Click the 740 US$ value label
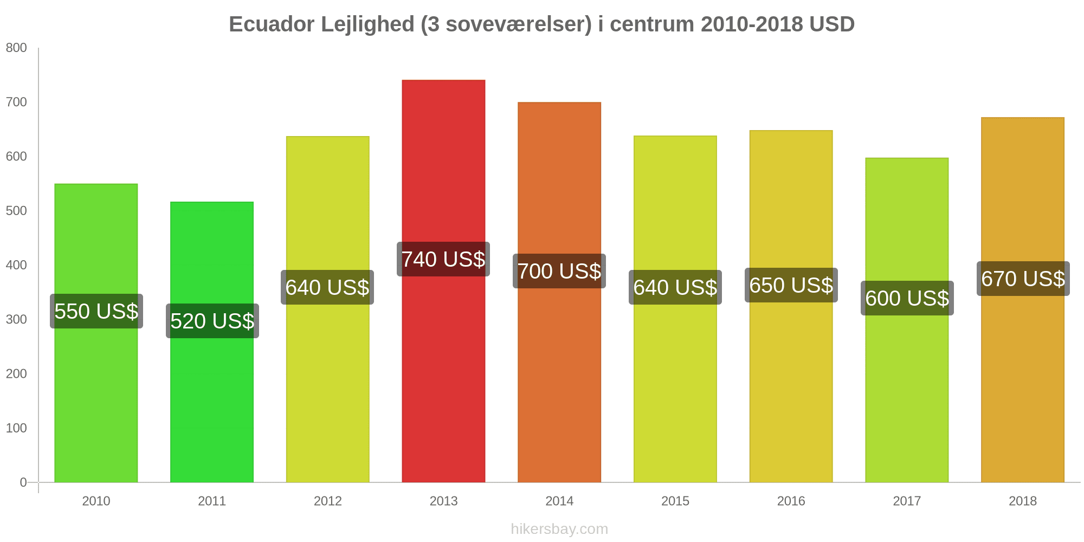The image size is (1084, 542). point(443,259)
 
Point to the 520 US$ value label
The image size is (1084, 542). point(212,321)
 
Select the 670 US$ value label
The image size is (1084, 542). point(1023,279)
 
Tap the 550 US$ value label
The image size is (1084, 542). point(96,311)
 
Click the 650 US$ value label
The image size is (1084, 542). point(791,285)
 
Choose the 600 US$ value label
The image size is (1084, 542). point(907,298)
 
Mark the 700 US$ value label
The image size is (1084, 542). point(559,271)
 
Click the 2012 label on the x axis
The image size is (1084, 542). point(328,501)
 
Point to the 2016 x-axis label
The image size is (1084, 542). point(791,501)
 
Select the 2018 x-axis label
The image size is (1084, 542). point(1023,501)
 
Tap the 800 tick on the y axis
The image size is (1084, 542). point(16,48)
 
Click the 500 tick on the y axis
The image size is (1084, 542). point(16,211)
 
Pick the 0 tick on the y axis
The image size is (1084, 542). point(23,482)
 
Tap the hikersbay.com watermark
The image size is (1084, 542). point(559,529)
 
